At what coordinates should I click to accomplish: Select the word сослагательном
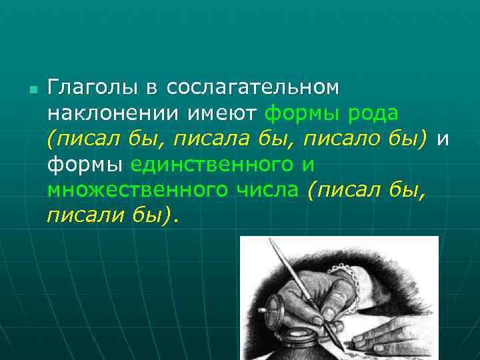pos(253,88)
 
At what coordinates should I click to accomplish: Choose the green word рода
pos(373,113)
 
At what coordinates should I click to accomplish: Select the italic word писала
pos(199,139)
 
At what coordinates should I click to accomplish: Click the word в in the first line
pos(152,88)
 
